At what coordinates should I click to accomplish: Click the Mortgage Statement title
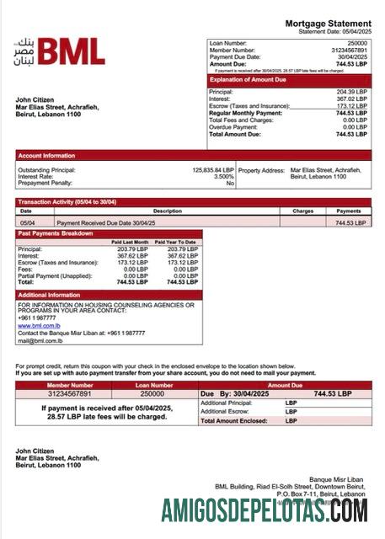coord(328,24)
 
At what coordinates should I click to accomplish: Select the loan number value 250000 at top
coord(357,42)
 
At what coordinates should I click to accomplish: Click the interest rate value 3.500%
coord(223,176)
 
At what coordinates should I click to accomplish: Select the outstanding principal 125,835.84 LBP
coord(213,169)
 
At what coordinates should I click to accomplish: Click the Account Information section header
coord(47,155)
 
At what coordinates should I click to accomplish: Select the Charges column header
coord(302,211)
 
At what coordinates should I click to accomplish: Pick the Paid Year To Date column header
coord(177,242)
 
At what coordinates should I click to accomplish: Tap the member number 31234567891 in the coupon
coord(58,393)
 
